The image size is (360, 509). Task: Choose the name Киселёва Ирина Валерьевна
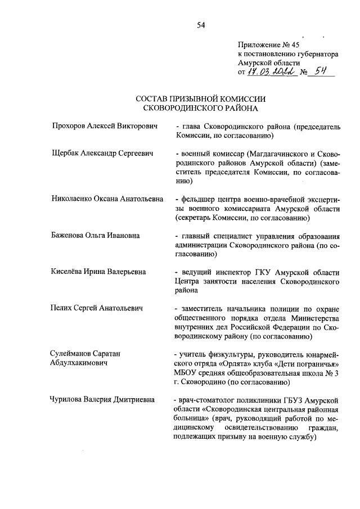click(x=98, y=272)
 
